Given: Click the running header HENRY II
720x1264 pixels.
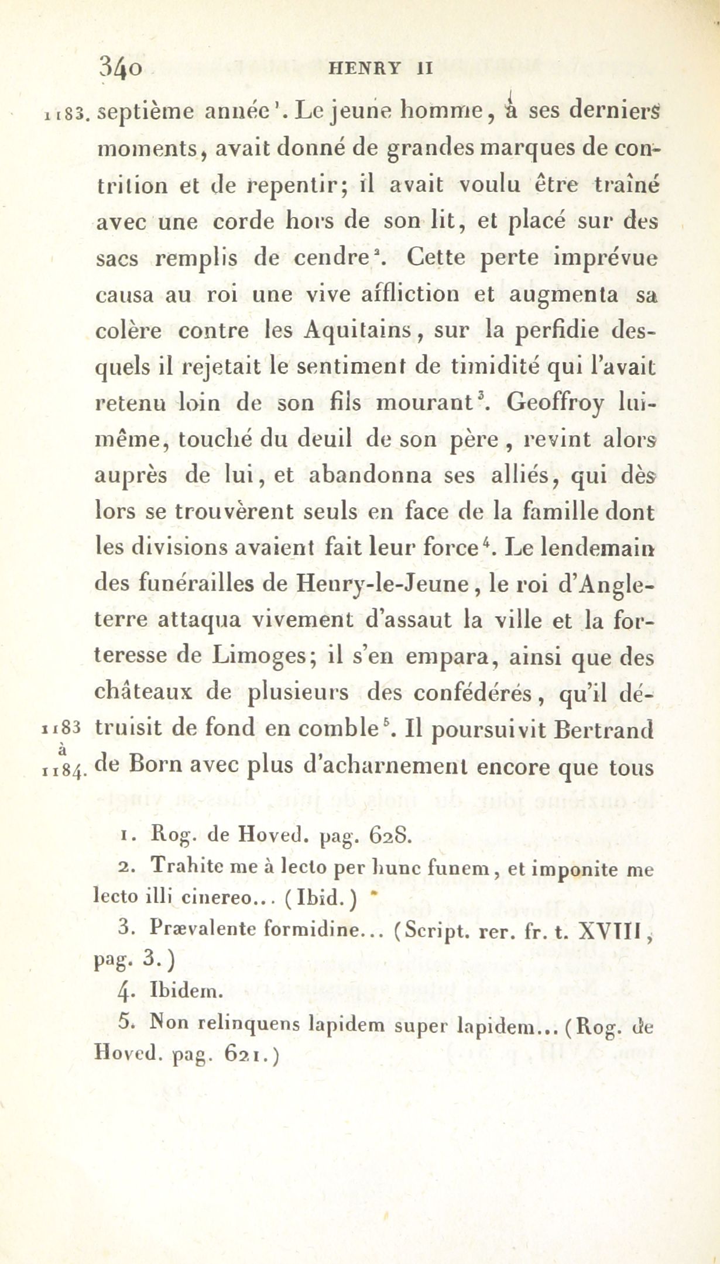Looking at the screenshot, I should coord(380,68).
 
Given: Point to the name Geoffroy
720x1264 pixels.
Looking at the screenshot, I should coord(556,404).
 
